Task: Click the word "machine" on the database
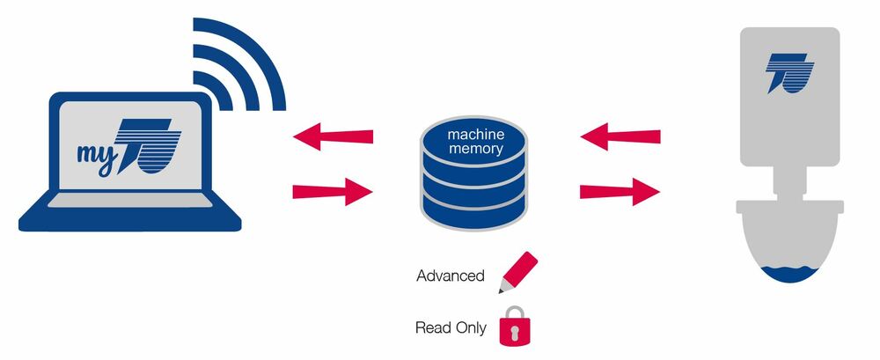click(475, 134)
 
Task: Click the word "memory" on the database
click(475, 150)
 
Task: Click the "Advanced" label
click(451, 276)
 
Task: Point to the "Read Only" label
click(451, 327)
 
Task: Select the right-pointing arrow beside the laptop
click(333, 190)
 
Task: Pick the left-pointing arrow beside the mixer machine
click(620, 136)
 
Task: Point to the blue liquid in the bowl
click(789, 275)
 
